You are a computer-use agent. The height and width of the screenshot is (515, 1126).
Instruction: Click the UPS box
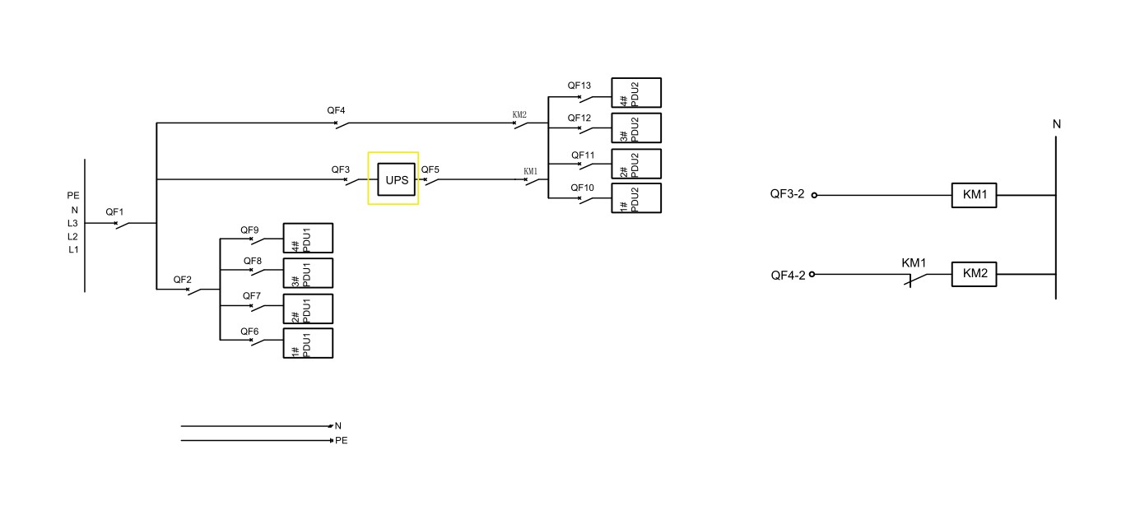(397, 179)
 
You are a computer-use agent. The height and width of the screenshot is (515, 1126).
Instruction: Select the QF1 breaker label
(114, 212)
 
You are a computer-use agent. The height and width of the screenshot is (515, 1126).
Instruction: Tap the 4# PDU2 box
(635, 93)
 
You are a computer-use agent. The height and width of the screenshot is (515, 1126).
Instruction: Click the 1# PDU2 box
(635, 198)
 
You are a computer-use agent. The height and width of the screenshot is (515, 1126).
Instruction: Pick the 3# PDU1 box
(308, 273)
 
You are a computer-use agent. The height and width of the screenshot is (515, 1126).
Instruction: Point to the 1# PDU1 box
(308, 343)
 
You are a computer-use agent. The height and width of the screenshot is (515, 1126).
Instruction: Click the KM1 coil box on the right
(974, 196)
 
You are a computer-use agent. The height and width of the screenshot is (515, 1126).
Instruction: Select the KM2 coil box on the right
(974, 274)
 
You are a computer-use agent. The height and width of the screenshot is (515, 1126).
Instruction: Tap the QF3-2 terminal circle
(814, 196)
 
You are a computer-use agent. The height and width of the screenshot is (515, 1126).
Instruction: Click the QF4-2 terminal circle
(812, 274)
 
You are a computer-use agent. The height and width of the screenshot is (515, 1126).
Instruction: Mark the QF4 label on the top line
(336, 110)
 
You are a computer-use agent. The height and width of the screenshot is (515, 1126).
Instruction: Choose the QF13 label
(579, 86)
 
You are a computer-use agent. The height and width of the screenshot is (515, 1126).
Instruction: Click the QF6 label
(249, 331)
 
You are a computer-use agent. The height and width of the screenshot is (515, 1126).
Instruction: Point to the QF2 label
(182, 280)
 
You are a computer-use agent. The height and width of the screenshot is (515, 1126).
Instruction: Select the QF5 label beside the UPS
(430, 170)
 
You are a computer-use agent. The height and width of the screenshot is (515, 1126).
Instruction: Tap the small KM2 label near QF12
(519, 115)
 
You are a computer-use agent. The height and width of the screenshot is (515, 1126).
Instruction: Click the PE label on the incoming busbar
(73, 196)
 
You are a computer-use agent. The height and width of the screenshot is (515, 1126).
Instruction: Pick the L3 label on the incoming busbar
(73, 223)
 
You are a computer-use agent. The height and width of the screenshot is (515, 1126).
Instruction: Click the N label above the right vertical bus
(1057, 124)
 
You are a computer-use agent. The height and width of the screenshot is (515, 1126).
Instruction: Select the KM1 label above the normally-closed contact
(914, 263)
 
